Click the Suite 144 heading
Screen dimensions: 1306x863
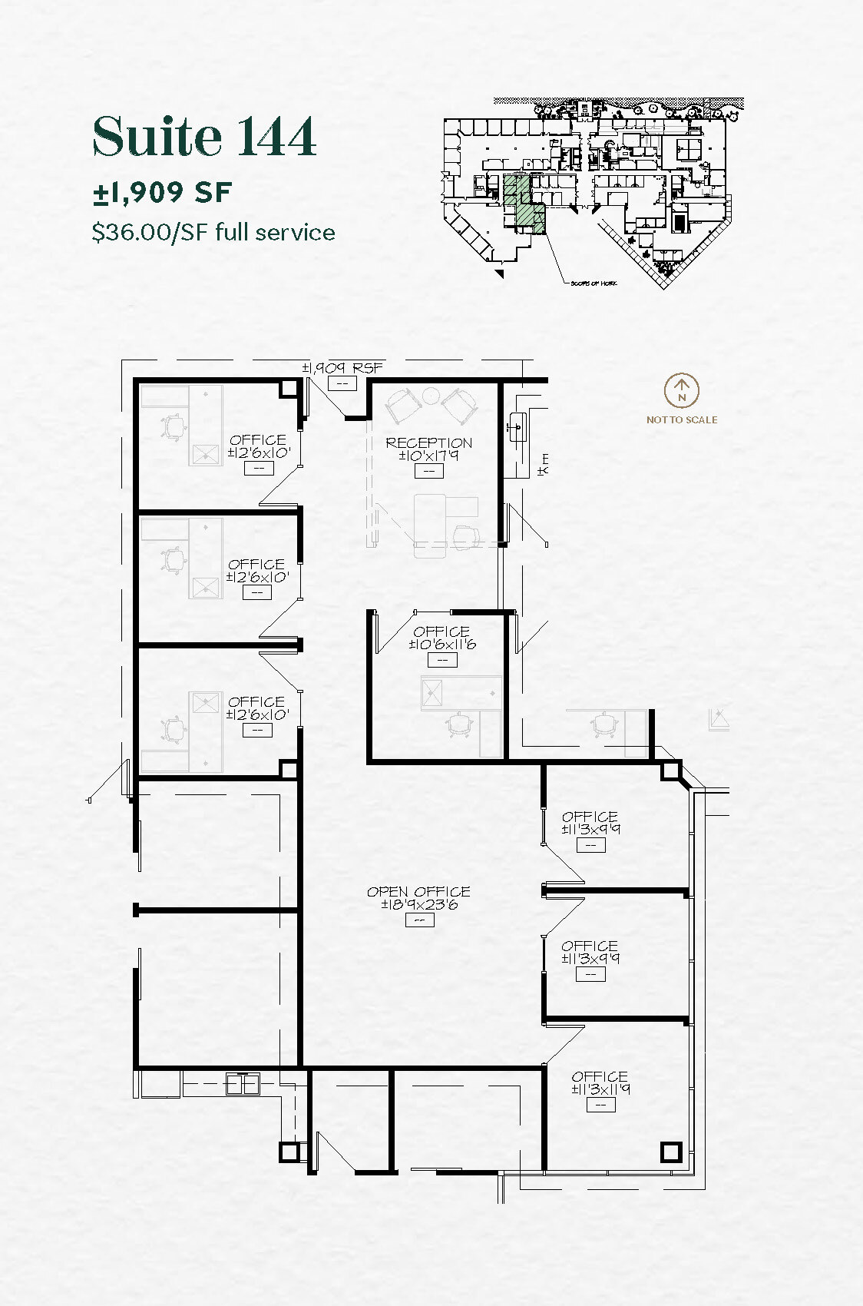point(204,137)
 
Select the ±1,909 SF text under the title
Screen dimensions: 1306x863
point(162,192)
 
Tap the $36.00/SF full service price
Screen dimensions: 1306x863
point(213,232)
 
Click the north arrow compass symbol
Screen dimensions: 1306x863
point(682,391)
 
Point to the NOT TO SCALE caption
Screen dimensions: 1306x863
point(682,419)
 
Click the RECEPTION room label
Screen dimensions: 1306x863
point(428,443)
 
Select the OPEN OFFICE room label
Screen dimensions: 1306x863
point(418,891)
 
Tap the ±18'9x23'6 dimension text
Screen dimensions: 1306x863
point(419,904)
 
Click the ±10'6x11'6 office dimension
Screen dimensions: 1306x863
point(441,645)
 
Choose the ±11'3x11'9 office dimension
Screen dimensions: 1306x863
point(600,1089)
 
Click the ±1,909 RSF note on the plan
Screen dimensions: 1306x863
point(342,368)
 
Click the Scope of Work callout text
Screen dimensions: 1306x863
point(594,283)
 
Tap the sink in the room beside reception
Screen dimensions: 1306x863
point(516,425)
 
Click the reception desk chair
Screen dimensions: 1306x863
point(464,538)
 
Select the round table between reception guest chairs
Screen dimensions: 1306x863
point(431,396)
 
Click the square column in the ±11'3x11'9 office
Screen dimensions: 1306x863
point(671,1152)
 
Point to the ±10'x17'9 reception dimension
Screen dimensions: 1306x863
point(428,456)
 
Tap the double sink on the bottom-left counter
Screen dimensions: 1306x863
point(243,1084)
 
